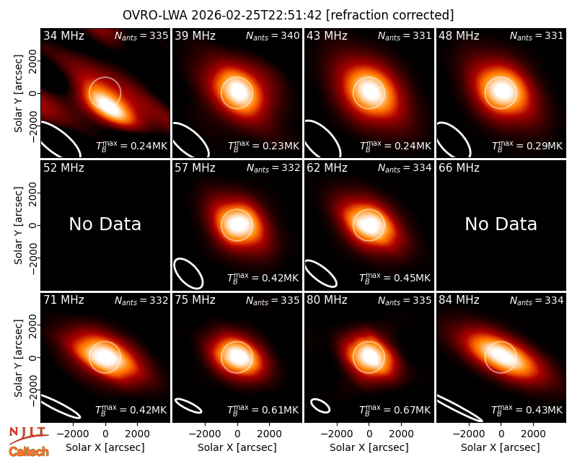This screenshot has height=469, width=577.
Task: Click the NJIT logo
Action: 28,435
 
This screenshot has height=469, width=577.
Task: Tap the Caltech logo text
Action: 29,452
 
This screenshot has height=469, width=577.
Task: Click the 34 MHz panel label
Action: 63,35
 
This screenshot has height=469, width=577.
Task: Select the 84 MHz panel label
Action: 459,300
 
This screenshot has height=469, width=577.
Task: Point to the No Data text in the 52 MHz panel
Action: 105,224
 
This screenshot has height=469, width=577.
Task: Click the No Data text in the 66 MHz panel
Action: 501,224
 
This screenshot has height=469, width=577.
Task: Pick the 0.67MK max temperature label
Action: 395,409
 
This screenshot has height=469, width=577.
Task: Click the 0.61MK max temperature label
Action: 263,409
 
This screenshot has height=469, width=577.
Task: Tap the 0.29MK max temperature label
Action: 527,146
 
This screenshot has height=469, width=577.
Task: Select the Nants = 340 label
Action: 273,35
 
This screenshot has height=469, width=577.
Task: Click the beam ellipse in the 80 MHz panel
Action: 320,406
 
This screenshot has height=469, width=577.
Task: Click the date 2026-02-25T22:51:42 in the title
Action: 256,15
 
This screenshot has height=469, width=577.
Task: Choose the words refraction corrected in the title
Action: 389,15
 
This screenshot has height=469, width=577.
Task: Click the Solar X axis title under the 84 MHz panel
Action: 501,447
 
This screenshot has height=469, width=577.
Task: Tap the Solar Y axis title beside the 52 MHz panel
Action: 18,225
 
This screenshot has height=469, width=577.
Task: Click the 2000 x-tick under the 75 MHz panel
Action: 269,434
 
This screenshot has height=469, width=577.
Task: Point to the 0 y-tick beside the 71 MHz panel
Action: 33,357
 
